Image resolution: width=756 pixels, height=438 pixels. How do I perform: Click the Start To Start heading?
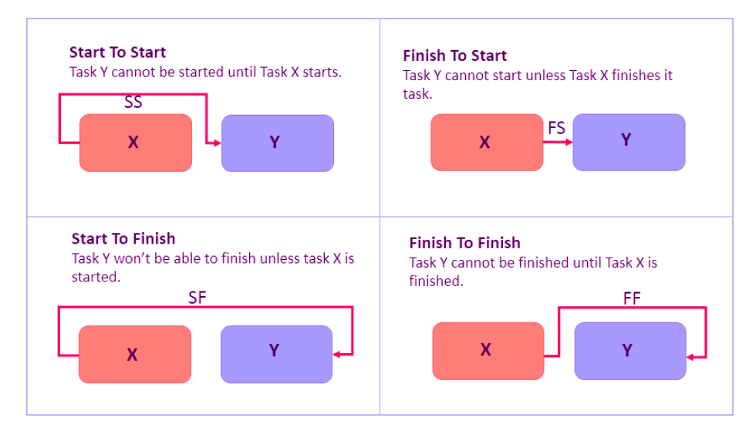click(x=117, y=52)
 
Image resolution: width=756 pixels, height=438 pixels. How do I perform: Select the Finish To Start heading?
click(x=454, y=56)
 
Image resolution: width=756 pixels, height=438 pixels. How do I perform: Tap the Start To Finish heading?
click(x=123, y=238)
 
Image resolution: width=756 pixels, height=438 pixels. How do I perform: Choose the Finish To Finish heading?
click(x=464, y=243)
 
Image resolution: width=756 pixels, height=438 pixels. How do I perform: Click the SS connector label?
click(x=133, y=102)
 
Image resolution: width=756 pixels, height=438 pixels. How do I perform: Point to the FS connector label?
click(x=556, y=128)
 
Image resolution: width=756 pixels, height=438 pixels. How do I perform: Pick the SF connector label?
click(x=197, y=298)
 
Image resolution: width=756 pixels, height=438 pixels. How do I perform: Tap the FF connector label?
click(x=632, y=298)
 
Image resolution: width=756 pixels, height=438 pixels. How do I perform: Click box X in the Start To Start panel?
click(x=136, y=143)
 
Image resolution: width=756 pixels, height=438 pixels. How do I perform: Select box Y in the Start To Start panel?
click(x=278, y=143)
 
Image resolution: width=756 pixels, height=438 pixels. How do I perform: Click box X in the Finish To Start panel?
click(x=487, y=142)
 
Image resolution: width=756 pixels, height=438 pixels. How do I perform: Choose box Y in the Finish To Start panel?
click(x=629, y=142)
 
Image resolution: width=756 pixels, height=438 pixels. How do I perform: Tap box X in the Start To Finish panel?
click(x=135, y=354)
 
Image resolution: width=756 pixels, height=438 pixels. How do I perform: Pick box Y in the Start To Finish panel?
click(x=276, y=354)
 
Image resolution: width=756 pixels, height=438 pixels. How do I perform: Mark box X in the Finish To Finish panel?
click(x=488, y=351)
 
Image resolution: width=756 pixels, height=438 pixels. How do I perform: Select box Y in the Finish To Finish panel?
click(x=630, y=351)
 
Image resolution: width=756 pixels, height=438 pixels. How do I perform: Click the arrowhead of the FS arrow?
click(x=569, y=142)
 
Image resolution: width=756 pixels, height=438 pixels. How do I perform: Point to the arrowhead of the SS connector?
click(x=218, y=143)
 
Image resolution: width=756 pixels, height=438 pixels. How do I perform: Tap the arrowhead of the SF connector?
click(x=336, y=355)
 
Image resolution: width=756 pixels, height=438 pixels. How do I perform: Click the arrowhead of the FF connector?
click(x=690, y=358)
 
